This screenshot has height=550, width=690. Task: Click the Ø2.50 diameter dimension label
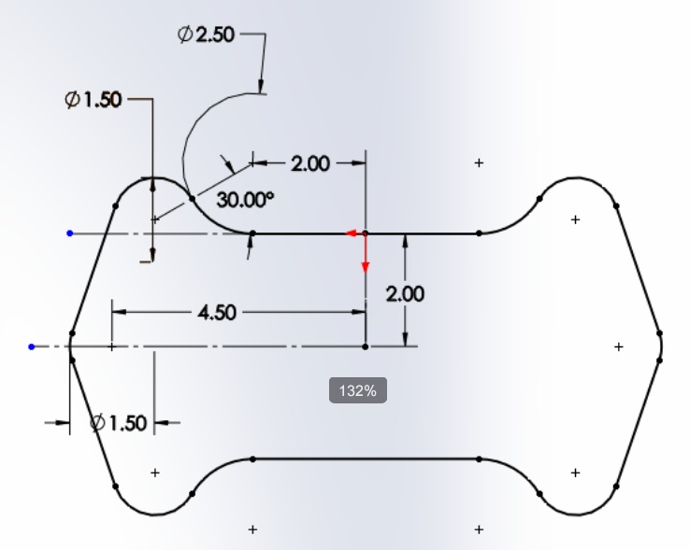tap(206, 35)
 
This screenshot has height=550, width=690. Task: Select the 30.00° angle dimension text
tap(245, 200)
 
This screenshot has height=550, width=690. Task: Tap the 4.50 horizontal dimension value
tap(218, 313)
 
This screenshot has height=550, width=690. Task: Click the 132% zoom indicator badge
tap(358, 390)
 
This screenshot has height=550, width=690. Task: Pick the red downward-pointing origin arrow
tap(366, 254)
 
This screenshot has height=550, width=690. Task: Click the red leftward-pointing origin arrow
tap(355, 233)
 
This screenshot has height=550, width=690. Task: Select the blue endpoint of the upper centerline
tap(70, 233)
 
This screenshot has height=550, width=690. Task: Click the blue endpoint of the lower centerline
tap(31, 346)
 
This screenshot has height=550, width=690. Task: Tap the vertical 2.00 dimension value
tap(405, 294)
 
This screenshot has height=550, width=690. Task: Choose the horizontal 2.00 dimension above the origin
tap(310, 163)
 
